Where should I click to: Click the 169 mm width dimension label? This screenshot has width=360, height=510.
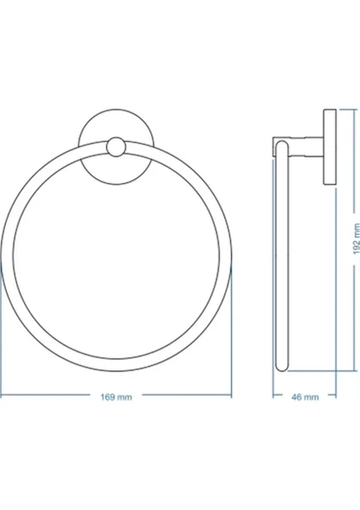coord(116,397)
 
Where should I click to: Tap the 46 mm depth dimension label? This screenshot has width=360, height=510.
coord(305,397)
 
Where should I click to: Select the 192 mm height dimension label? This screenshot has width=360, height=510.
coord(357,239)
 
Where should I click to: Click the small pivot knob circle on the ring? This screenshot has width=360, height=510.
coord(115,146)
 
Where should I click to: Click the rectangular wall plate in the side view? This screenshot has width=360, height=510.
coord(330,147)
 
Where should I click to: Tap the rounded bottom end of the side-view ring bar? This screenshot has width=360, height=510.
coord(282,367)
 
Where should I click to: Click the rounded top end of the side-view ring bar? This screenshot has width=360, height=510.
coord(282,145)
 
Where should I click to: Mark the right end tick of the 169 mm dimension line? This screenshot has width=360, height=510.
coord(232,395)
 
